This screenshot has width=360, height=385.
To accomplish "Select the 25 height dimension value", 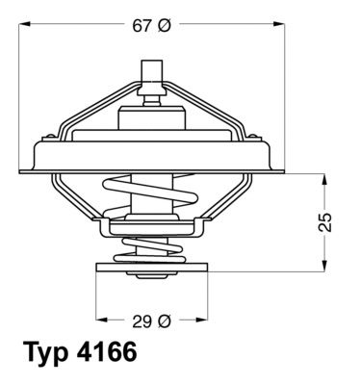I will click(325, 221).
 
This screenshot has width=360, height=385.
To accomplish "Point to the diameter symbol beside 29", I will click(164, 319).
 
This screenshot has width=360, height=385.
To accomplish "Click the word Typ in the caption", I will click(46, 353).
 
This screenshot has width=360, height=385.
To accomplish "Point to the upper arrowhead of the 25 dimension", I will click(325, 179).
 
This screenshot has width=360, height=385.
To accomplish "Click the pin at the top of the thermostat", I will click(151, 75).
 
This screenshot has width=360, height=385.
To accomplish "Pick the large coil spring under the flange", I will click(151, 205).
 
